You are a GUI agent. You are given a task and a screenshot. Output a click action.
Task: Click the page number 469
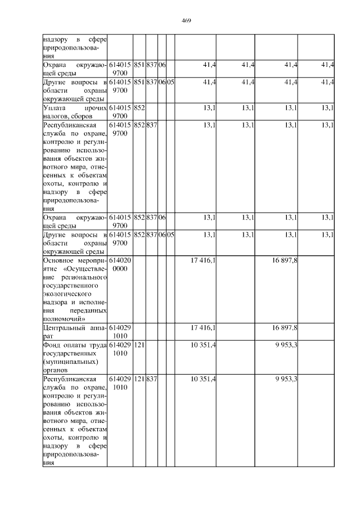(x=187, y=21)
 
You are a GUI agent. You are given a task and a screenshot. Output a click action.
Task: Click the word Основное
(x=59, y=260)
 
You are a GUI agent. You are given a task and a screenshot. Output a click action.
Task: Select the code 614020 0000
(x=120, y=264)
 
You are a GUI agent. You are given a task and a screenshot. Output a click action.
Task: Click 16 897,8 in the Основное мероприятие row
(x=285, y=260)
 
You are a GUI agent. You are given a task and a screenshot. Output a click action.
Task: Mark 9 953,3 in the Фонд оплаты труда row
(x=286, y=344)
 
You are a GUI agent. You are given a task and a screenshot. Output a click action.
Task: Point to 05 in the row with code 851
(x=170, y=82)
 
